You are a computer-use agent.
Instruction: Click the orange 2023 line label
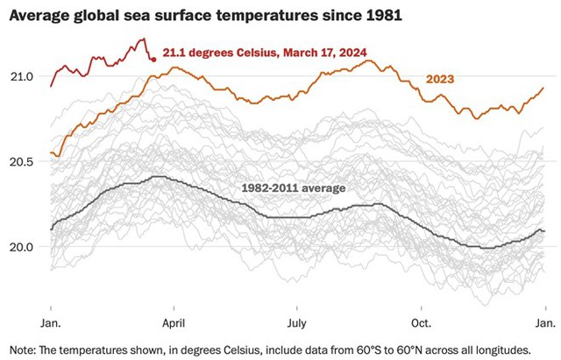[x=440, y=80]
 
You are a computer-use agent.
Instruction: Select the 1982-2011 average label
[x=293, y=187]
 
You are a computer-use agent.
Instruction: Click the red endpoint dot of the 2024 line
[x=153, y=60]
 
